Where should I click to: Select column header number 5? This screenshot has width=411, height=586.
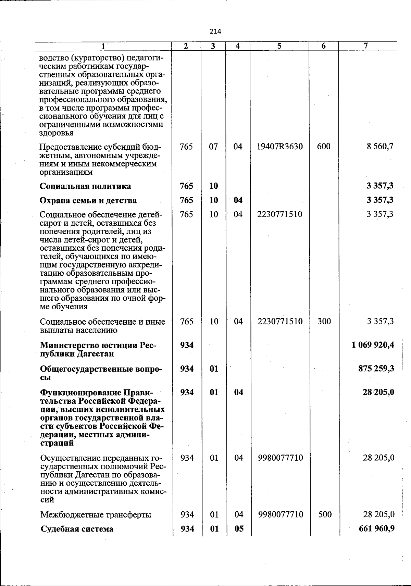(279, 46)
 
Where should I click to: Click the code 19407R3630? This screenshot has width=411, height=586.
(280, 147)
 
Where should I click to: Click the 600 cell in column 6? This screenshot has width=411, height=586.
(324, 147)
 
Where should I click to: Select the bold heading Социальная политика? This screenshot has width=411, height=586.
(85, 186)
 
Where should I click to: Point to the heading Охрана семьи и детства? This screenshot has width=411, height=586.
(88, 200)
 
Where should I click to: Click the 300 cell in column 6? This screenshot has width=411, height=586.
(324, 321)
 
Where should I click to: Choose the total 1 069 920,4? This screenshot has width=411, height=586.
(373, 345)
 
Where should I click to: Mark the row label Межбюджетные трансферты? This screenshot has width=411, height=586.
(96, 515)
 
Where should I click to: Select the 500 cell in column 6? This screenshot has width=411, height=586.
(324, 514)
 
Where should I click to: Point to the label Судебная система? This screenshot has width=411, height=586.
(77, 529)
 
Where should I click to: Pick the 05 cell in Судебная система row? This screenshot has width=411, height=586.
(239, 529)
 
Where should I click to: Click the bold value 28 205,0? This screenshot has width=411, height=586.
(378, 392)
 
